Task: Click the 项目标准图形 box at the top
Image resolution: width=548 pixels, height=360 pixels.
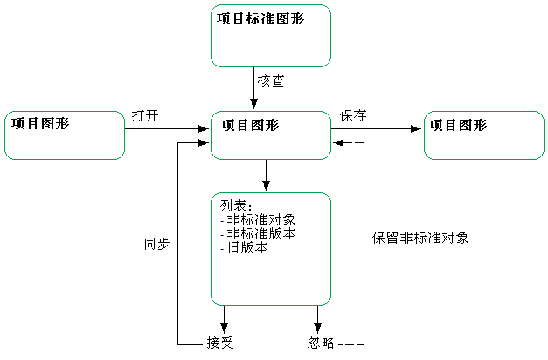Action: click(x=271, y=35)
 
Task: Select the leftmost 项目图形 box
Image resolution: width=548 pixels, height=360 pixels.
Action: click(x=65, y=135)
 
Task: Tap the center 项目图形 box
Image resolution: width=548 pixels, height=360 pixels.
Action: click(x=271, y=135)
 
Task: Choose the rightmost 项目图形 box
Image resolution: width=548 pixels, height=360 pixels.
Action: click(x=483, y=135)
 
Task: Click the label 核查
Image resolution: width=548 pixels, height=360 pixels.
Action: click(x=270, y=80)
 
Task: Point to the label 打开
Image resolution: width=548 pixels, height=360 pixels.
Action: click(x=145, y=115)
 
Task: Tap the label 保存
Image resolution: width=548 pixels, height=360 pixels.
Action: click(x=352, y=115)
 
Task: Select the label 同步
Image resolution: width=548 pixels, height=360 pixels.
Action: click(x=156, y=245)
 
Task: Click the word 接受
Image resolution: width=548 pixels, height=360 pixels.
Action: click(x=220, y=342)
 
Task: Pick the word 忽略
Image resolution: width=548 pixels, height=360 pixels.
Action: click(x=321, y=342)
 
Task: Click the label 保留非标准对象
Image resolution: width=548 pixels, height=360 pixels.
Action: click(x=420, y=237)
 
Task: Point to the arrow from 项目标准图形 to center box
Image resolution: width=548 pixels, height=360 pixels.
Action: click(x=250, y=87)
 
